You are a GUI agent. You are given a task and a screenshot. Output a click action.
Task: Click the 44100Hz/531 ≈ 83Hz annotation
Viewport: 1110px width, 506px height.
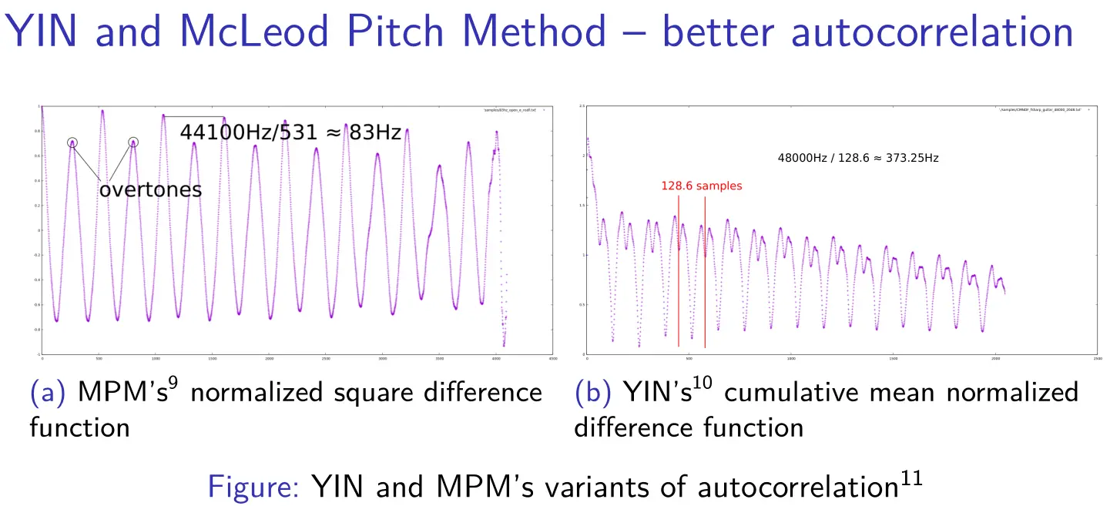[x=290, y=132]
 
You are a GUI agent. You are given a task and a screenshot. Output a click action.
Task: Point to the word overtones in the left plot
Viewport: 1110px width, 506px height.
[x=150, y=189]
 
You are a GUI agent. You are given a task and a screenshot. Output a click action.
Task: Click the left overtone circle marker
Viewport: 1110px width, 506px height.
[x=72, y=142]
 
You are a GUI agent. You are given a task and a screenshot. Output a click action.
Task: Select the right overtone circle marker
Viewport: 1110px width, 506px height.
[x=133, y=142]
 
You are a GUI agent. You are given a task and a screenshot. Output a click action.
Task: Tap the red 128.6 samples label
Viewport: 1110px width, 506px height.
[x=702, y=186]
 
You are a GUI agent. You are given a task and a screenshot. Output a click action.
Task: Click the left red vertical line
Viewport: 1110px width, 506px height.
[x=679, y=270]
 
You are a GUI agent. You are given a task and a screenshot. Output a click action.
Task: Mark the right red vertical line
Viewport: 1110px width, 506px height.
[x=705, y=270]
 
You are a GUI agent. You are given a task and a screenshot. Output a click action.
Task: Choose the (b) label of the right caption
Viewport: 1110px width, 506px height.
[x=592, y=393]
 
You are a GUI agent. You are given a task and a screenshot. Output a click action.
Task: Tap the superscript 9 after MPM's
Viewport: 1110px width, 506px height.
[x=174, y=383]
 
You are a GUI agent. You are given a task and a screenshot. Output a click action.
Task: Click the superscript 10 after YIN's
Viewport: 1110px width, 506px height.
[x=703, y=383]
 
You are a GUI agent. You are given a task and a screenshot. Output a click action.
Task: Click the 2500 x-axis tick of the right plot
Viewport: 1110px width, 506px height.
[x=1096, y=359]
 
